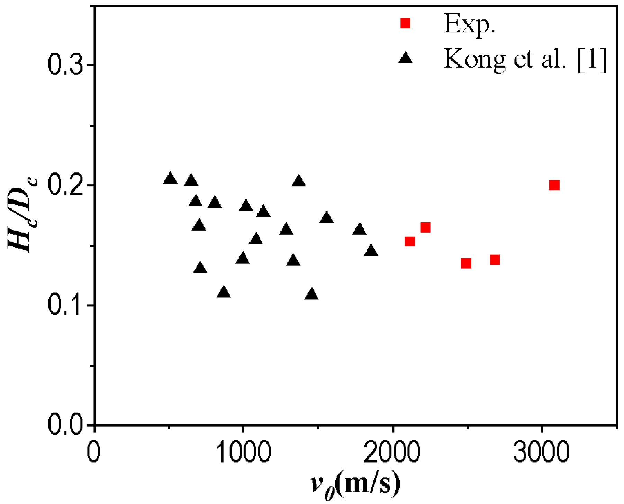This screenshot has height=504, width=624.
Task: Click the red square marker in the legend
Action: pyautogui.click(x=405, y=23)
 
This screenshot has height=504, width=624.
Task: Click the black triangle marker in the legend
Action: pyautogui.click(x=405, y=57)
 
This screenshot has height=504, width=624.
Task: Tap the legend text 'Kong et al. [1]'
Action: pyautogui.click(x=525, y=59)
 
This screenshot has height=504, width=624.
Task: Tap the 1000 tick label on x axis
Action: pyautogui.click(x=243, y=452)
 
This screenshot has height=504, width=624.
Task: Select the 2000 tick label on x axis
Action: pyautogui.click(x=392, y=452)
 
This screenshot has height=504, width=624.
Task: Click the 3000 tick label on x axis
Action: pyautogui.click(x=541, y=452)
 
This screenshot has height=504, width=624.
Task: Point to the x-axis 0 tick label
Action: pyautogui.click(x=93, y=452)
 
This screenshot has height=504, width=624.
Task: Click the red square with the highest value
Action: pyautogui.click(x=554, y=186)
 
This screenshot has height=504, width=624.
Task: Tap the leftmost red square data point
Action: pyautogui.click(x=410, y=241)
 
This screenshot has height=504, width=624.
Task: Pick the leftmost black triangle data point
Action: pyautogui.click(x=170, y=178)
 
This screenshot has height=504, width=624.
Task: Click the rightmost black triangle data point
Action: pyautogui.click(x=371, y=251)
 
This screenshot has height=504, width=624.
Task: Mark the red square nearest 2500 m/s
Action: pyautogui.click(x=466, y=263)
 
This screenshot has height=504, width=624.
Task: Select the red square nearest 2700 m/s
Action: pyautogui.click(x=495, y=260)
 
